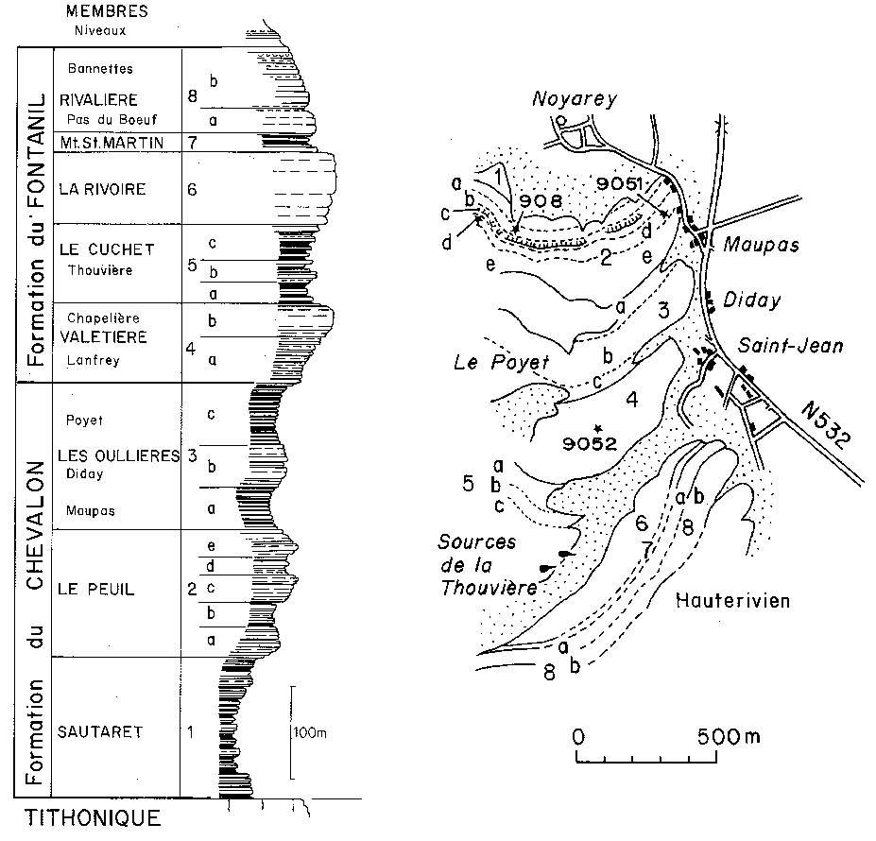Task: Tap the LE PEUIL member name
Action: coord(96,590)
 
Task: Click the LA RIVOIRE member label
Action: coord(102,189)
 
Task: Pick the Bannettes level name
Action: coord(94,69)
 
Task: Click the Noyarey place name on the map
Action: coord(566,98)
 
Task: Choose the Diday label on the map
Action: coord(753,300)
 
